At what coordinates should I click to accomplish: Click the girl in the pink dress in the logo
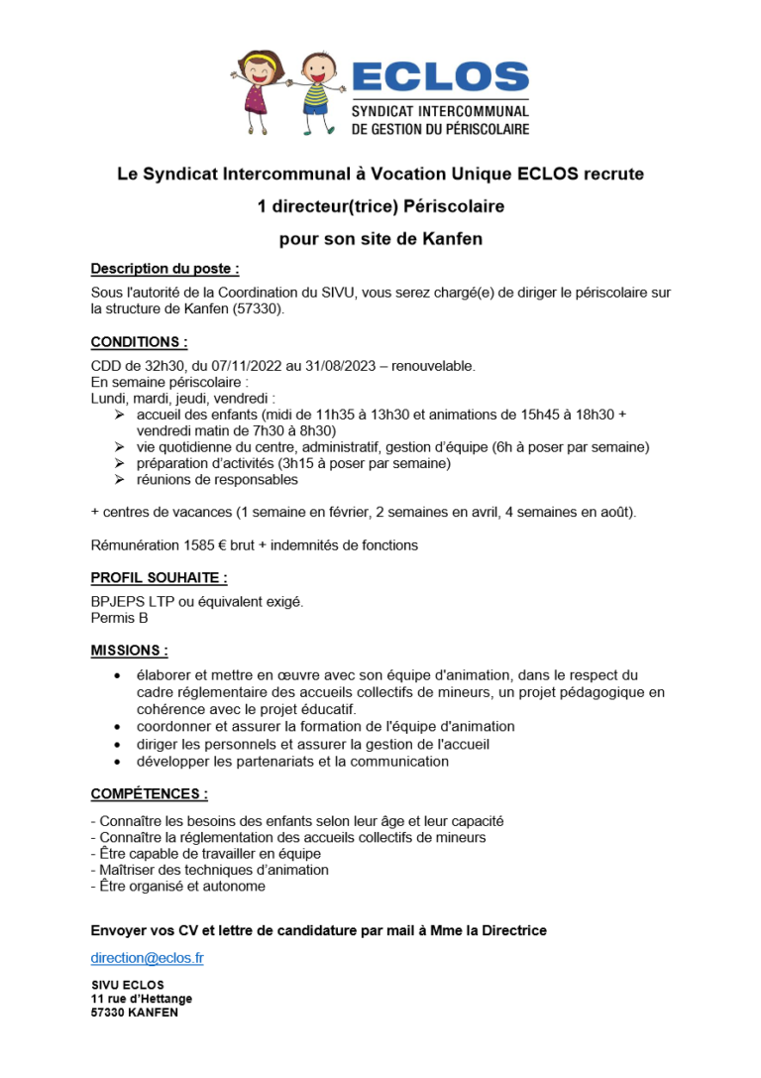coord(257,89)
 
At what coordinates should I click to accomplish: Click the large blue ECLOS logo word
coord(440,77)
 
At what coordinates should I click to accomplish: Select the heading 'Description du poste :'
coord(164,268)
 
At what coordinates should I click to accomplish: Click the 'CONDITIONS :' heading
coord(139,341)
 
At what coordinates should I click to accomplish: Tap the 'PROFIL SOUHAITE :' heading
coord(159,577)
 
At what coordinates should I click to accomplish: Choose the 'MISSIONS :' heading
coord(129,651)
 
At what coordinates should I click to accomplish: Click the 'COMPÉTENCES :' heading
coord(149,793)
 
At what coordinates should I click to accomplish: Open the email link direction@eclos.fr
coord(147,959)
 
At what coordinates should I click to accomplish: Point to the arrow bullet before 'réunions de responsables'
coord(118,480)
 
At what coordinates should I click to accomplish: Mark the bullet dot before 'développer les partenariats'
coord(118,762)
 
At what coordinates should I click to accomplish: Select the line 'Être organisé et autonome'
coord(177,886)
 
